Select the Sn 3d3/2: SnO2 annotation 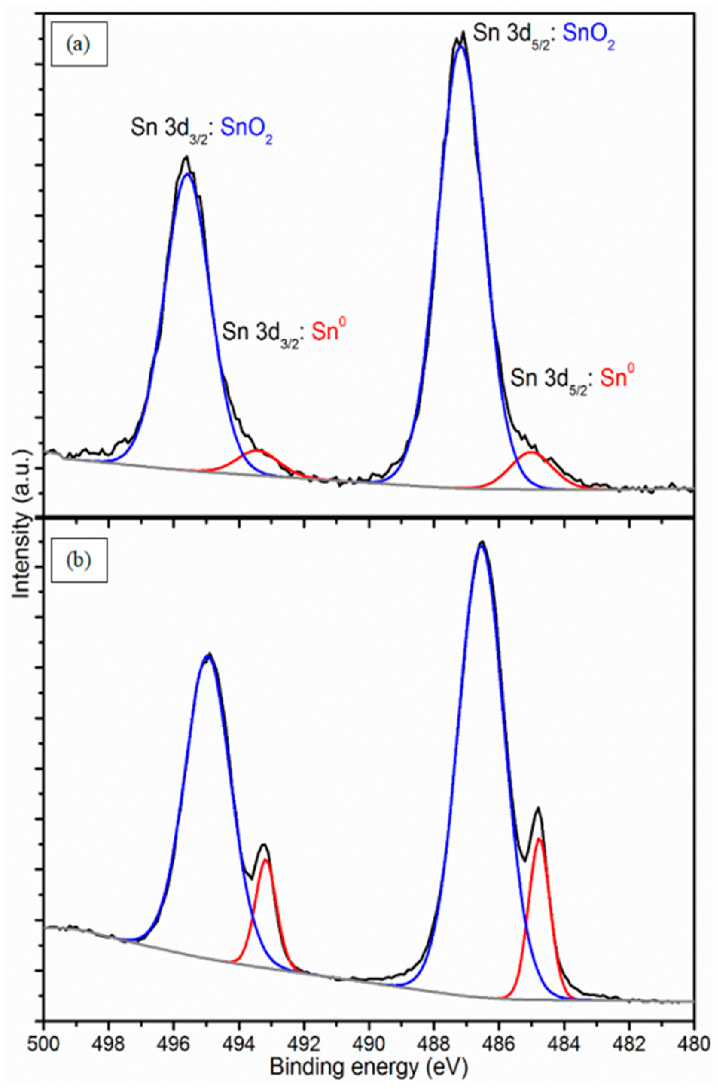tap(201, 131)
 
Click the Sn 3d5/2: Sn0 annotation tap(574, 379)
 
